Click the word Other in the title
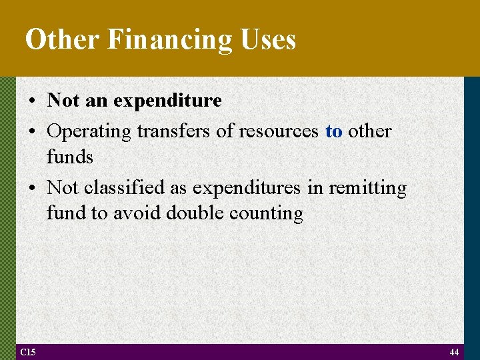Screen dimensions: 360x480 (62, 40)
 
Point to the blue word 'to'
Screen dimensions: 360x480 (333, 131)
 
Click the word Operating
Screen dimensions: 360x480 (89, 131)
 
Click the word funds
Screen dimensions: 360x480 (70, 157)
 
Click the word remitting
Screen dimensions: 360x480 (367, 188)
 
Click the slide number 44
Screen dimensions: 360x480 (454, 351)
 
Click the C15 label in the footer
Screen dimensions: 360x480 (29, 351)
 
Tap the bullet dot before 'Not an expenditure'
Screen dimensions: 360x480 (33, 101)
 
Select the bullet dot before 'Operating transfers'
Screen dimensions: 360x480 (33, 131)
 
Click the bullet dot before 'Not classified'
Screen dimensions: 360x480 (33, 189)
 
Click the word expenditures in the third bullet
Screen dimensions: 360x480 (247, 188)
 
